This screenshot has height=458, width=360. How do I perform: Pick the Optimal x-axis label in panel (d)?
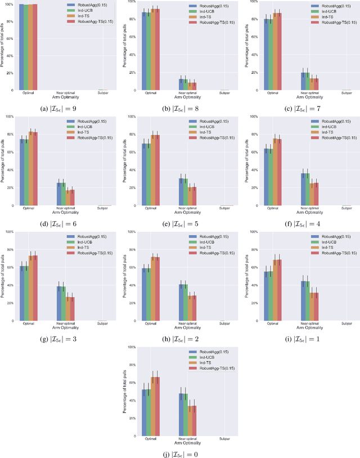tap(28, 208)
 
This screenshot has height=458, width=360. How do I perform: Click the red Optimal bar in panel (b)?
tap(157, 49)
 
